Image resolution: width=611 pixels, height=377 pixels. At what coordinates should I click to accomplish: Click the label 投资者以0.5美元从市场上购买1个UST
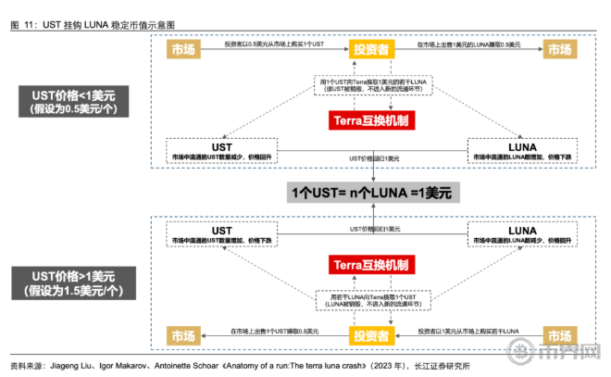click(x=272, y=44)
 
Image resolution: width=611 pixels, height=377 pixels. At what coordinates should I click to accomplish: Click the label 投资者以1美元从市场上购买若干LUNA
click(x=467, y=331)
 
